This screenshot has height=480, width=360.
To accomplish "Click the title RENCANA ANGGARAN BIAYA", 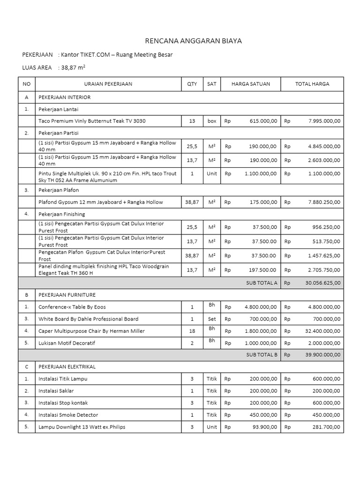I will pyautogui.click(x=193, y=41).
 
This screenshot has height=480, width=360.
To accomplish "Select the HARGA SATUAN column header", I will pyautogui.click(x=251, y=84).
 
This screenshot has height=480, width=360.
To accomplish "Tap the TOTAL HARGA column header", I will pyautogui.click(x=312, y=84).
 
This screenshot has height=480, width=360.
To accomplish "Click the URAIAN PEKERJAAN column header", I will pyautogui.click(x=108, y=84).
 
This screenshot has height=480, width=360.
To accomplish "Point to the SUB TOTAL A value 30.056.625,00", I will pyautogui.click(x=323, y=283).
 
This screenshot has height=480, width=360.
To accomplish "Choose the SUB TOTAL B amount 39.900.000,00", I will pyautogui.click(x=323, y=355).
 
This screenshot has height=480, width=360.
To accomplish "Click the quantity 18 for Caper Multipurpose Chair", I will pyautogui.click(x=192, y=331).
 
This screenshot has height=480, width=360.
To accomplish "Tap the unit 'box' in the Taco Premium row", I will pyautogui.click(x=212, y=121).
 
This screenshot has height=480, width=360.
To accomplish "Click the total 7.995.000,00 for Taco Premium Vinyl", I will pyautogui.click(x=324, y=121).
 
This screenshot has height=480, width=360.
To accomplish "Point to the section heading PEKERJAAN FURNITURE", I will pyautogui.click(x=67, y=295).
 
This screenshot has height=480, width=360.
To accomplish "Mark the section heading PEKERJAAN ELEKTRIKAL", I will pyautogui.click(x=67, y=367).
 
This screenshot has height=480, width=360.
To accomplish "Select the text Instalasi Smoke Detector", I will pyautogui.click(x=68, y=415).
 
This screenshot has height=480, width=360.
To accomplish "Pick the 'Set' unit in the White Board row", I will pyautogui.click(x=212, y=319).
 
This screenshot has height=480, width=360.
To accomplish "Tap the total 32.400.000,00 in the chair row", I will pyautogui.click(x=323, y=331).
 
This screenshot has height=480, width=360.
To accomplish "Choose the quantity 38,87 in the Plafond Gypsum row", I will pyautogui.click(x=192, y=202).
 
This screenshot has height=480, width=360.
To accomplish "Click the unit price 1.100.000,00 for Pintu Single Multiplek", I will pyautogui.click(x=261, y=173).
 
